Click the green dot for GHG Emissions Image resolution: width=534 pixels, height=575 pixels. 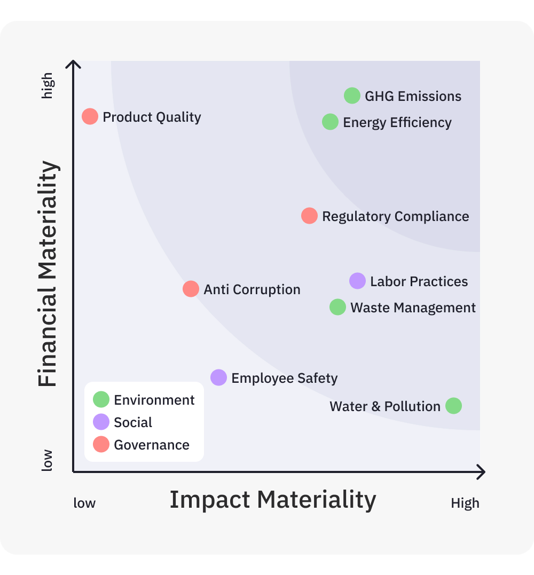click(352, 96)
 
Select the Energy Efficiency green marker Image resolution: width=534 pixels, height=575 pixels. click(330, 122)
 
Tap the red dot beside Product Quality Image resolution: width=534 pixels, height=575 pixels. click(90, 116)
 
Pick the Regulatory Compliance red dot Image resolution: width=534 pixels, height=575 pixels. click(309, 216)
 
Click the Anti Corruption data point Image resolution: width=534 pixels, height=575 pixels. click(191, 289)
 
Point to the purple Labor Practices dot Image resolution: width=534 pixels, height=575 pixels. click(357, 281)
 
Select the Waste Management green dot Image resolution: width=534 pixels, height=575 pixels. click(337, 307)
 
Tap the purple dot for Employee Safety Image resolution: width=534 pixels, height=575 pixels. click(218, 377)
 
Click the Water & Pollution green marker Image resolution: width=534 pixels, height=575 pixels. click(453, 406)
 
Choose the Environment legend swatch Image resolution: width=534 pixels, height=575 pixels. click(101, 399)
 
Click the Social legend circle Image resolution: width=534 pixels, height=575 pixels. click(101, 422)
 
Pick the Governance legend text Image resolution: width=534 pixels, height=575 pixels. click(152, 445)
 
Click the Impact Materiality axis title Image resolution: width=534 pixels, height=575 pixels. click(273, 500)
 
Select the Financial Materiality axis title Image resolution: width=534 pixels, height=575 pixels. click(48, 273)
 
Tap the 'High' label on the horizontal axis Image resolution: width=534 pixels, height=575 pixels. click(465, 503)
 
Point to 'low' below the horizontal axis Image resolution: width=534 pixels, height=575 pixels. click(84, 503)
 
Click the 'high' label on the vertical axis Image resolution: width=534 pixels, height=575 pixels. click(48, 86)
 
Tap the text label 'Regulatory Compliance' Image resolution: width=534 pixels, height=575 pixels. click(395, 216)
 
